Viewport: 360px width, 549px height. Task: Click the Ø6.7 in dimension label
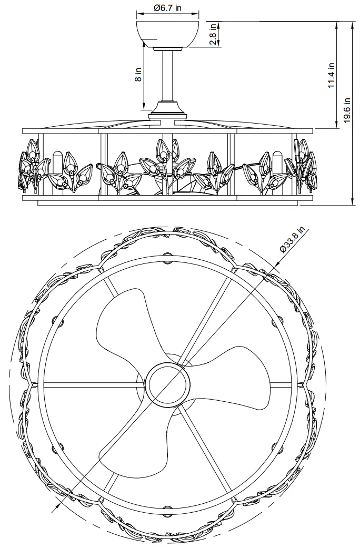point(168,8)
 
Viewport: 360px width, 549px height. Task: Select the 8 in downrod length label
point(138,76)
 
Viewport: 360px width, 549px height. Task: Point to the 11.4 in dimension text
point(332,76)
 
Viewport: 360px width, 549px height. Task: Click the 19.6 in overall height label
point(347,111)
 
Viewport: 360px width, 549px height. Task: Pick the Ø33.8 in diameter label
point(292,241)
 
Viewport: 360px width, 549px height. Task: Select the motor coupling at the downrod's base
point(168,109)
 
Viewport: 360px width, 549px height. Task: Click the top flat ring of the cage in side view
point(168,129)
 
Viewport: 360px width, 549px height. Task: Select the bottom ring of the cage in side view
point(168,198)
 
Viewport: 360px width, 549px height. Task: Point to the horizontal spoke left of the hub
point(89,385)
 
